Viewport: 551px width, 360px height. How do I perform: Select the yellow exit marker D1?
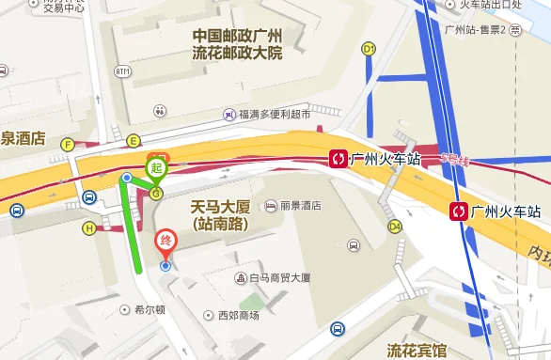tap(369, 48)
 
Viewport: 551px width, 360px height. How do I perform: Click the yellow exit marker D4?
tap(395, 226)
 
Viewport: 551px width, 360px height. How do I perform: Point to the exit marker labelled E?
tap(134, 141)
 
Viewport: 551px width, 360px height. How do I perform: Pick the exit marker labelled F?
tap(67, 144)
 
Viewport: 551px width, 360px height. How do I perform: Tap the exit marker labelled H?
tap(89, 227)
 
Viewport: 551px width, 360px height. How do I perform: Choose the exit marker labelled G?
tap(156, 193)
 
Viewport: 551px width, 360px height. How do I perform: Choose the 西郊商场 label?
tap(237, 315)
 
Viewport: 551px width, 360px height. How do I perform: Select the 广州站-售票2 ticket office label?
tap(477, 29)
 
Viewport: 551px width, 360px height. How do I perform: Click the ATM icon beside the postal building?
tap(122, 70)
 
